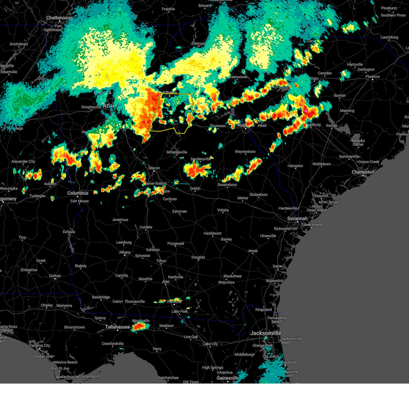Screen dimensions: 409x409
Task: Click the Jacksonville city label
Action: pyautogui.click(x=266, y=333)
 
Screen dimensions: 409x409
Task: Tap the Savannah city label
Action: pyautogui.click(x=297, y=218)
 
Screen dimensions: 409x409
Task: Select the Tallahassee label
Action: pyautogui.click(x=118, y=327)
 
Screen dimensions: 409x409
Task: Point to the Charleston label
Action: pyautogui.click(x=363, y=172)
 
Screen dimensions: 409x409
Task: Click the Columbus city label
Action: pyautogui.click(x=78, y=193)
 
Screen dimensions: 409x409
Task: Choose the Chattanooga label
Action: pyautogui.click(x=60, y=18)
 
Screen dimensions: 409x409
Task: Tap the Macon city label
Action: pyautogui.click(x=154, y=168)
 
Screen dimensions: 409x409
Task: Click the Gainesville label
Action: pyautogui.click(x=228, y=378)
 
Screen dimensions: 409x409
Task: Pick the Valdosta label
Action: pyautogui.click(x=174, y=302)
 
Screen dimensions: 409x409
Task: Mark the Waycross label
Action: pyautogui.click(x=226, y=282)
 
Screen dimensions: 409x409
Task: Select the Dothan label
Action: pyautogui.click(x=55, y=276)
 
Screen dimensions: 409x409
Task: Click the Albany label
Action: pyautogui.click(x=125, y=252)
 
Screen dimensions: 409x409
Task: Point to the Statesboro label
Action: pyautogui.click(x=258, y=195)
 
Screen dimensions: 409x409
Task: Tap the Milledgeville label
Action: pyautogui.click(x=177, y=152)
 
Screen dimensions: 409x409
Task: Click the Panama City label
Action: pyautogui.click(x=40, y=346)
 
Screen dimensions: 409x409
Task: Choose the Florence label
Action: pyautogui.click(x=372, y=77)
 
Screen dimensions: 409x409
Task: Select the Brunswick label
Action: pyautogui.click(x=275, y=281)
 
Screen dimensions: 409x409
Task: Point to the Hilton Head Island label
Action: pyautogui.click(x=316, y=208)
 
